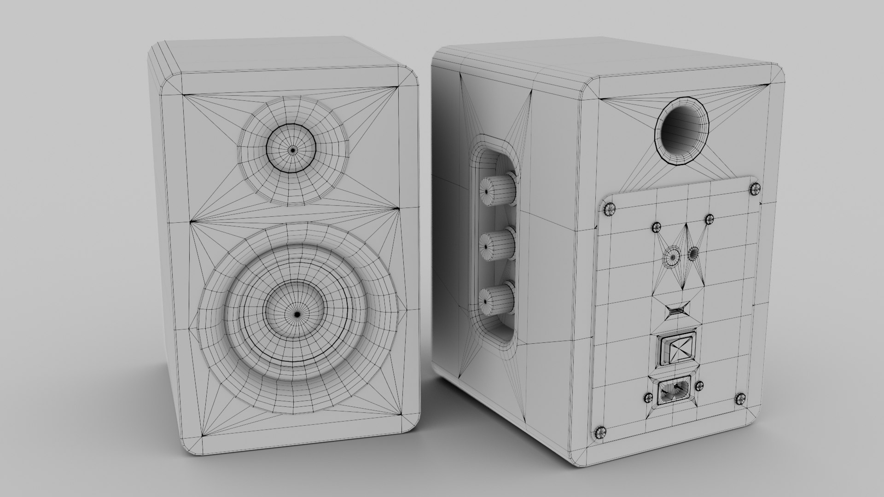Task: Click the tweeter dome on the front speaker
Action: [292, 149]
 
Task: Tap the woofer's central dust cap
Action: [297, 314]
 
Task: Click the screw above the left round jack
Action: [656, 226]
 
